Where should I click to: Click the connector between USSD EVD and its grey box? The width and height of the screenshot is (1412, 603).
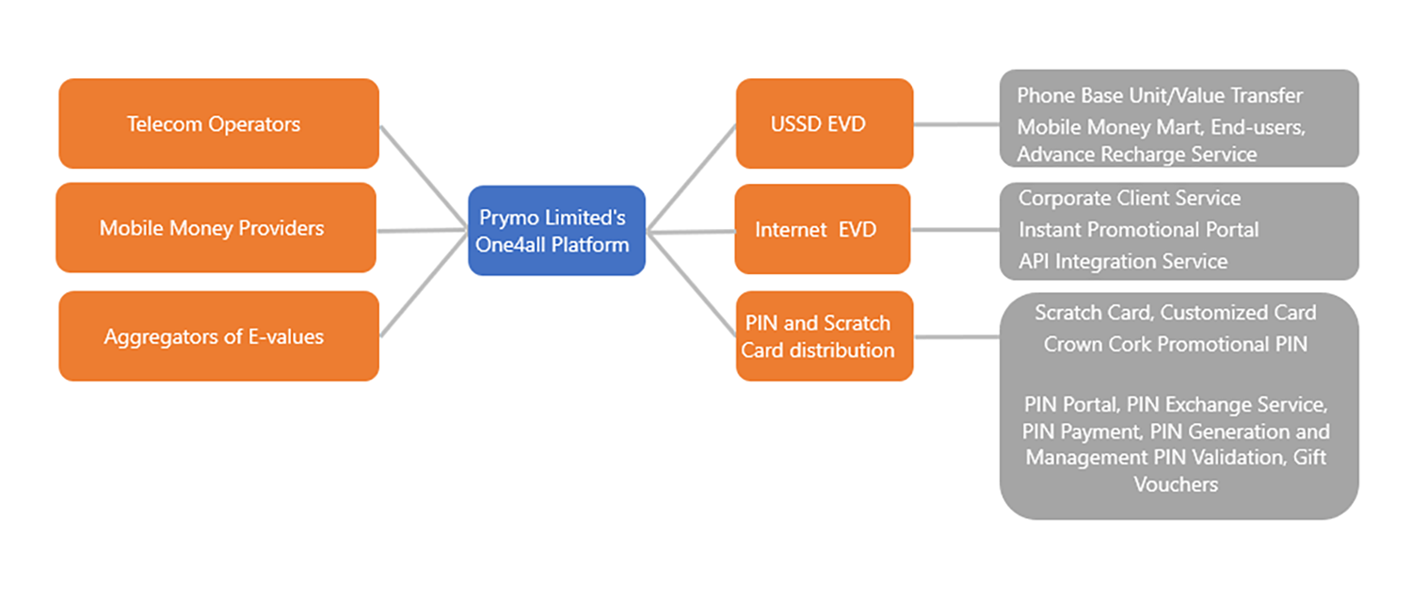point(955,123)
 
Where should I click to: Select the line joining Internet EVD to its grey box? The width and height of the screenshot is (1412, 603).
point(955,229)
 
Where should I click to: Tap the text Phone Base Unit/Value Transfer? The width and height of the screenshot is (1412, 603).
point(1160,95)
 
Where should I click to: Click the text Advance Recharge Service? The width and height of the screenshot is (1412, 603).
point(1136,154)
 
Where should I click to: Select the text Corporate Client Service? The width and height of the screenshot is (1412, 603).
point(1130,199)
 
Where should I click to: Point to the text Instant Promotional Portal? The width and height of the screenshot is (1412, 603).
point(1138,230)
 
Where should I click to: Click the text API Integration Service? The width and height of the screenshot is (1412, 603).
point(1123,261)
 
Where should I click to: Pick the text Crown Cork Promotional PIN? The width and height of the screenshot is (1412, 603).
point(1175,344)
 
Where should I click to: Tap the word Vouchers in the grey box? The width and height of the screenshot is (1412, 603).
point(1176,484)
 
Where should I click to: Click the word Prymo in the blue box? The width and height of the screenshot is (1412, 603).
point(507,218)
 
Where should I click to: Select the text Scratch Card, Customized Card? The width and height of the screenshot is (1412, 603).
point(1175,312)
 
